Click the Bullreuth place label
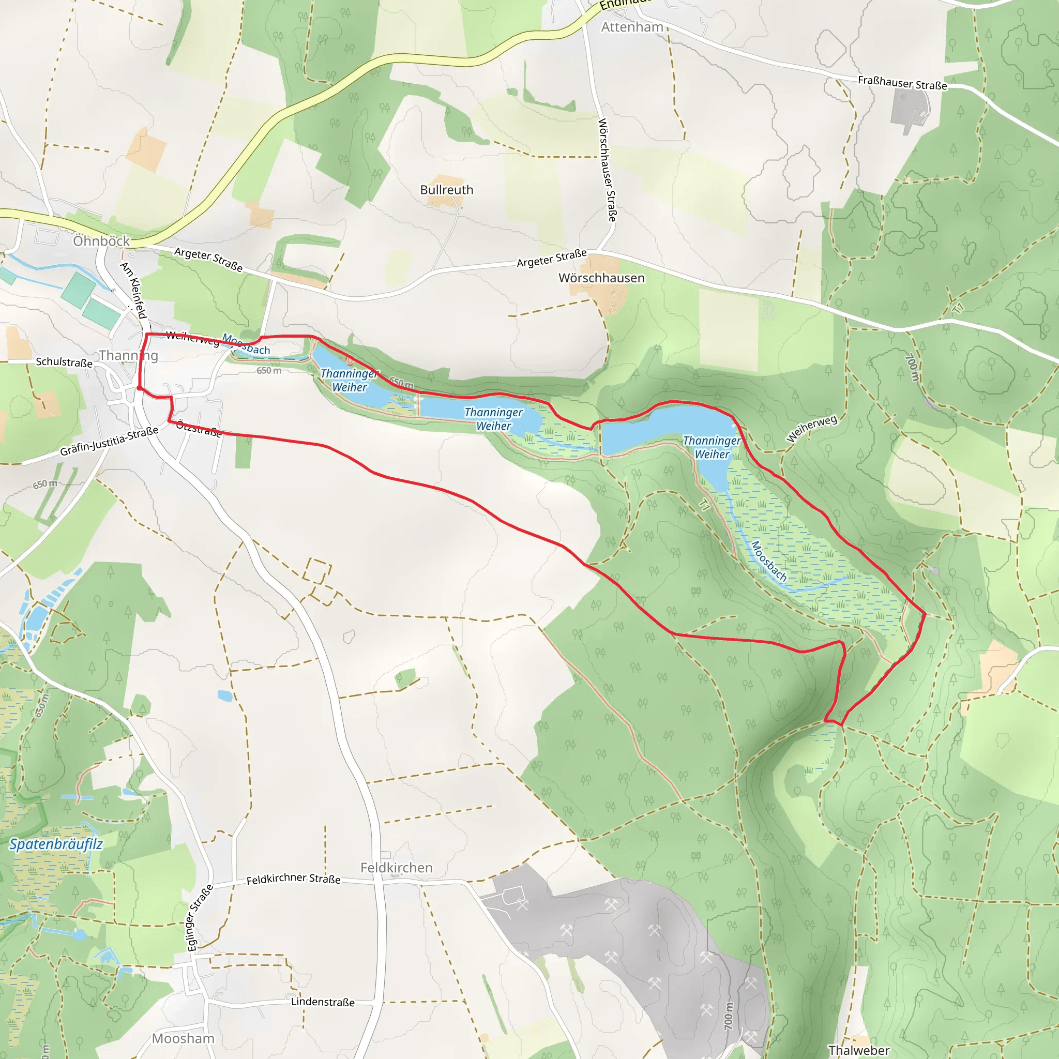(x=446, y=190)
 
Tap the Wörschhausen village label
(x=601, y=278)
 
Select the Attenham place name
(x=632, y=27)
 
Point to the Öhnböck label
(x=101, y=240)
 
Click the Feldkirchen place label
(x=396, y=868)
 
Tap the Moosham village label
(x=183, y=1038)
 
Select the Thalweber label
(x=859, y=1050)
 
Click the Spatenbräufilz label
(x=56, y=843)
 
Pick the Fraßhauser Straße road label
(x=902, y=83)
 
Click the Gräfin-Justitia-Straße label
(x=109, y=441)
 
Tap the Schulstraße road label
(x=64, y=362)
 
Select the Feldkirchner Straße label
(x=293, y=879)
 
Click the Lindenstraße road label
(x=322, y=1002)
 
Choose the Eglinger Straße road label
(x=200, y=918)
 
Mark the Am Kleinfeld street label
(x=133, y=290)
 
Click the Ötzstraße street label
(x=199, y=429)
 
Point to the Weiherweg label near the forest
(x=811, y=428)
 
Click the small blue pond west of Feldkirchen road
(x=225, y=696)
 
